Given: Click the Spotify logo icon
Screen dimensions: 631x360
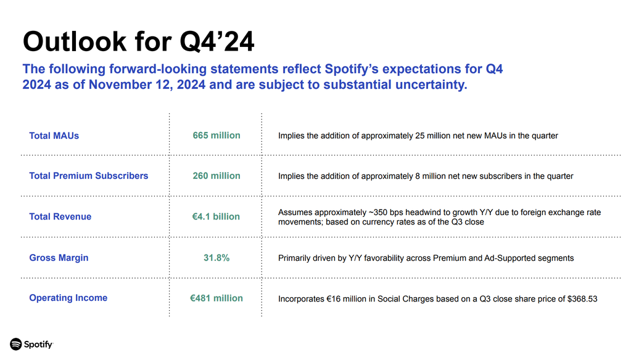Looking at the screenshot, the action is point(15,345).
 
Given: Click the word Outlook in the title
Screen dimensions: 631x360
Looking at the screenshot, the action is point(75,41).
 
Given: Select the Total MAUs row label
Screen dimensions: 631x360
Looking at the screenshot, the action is point(54,136).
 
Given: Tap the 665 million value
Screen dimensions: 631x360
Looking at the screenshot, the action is point(217,136).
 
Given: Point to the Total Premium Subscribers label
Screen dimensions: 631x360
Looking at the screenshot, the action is point(89,176).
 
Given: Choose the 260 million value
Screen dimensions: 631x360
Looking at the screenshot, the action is point(217,176).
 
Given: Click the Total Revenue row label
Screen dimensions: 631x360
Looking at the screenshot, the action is point(60,216).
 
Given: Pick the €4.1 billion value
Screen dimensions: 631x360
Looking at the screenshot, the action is point(216,216).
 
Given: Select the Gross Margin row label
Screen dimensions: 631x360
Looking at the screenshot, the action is point(59,258).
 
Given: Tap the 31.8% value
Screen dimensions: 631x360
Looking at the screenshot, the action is point(217,258).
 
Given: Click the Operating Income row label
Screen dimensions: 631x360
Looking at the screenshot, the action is point(68,298).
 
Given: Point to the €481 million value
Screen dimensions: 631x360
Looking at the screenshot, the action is point(217,298).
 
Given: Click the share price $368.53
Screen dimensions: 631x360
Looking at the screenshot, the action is point(582,299).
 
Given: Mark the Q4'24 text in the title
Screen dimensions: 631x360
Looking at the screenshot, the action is point(217,42).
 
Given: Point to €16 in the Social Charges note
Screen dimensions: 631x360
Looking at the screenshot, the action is point(333,299).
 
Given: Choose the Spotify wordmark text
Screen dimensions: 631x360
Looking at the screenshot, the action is point(38,345).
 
